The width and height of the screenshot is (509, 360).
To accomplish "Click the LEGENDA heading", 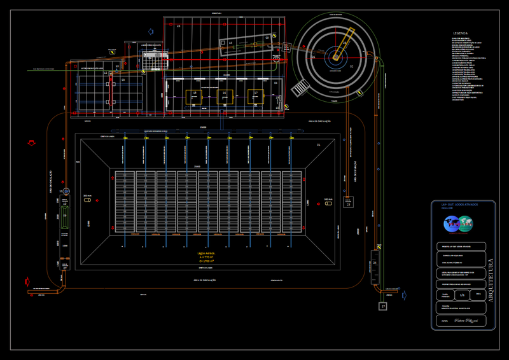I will pyautogui.click(x=460, y=32).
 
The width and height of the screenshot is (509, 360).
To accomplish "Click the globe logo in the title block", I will pyautogui.click(x=459, y=225).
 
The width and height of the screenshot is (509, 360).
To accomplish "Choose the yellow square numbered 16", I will pyautogui.click(x=223, y=97).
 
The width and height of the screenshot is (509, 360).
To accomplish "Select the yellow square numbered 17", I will pyautogui.click(x=255, y=97).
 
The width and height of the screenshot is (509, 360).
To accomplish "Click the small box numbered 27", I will pyautogui.click(x=383, y=307).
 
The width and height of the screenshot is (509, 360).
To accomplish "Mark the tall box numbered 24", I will pyautogui.click(x=375, y=265).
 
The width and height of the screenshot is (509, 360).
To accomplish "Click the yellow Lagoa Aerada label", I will pyautogui.click(x=206, y=256).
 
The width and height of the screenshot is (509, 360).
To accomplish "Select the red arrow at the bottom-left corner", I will pyautogui.click(x=27, y=280).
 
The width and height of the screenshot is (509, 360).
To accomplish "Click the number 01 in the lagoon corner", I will pyautogui.click(x=318, y=144).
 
